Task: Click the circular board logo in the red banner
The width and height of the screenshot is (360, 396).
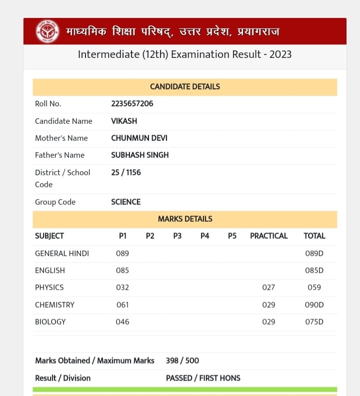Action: pyautogui.click(x=47, y=31)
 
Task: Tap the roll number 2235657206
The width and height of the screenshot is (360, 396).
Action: pyautogui.click(x=132, y=104)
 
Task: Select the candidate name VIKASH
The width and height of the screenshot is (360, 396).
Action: pyautogui.click(x=124, y=121)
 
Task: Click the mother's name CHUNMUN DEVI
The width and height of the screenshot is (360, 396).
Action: pyautogui.click(x=139, y=138)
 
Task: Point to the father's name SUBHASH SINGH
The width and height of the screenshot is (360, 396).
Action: pyautogui.click(x=140, y=155)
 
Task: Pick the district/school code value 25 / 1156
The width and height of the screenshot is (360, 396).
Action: pyautogui.click(x=126, y=172)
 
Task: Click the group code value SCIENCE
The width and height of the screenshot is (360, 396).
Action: pyautogui.click(x=126, y=202)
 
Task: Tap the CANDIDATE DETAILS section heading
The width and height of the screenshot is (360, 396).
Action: pyautogui.click(x=185, y=86)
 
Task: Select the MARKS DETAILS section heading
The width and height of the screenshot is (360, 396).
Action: pyautogui.click(x=185, y=219)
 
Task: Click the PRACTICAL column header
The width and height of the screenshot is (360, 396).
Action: pyautogui.click(x=268, y=236)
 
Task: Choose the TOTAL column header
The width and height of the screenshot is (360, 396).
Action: pyautogui.click(x=314, y=236)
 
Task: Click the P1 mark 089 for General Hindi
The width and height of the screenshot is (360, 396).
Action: pyautogui.click(x=122, y=253)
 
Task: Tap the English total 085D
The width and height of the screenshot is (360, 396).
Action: pyautogui.click(x=314, y=270)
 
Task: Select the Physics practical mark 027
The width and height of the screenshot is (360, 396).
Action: pyautogui.click(x=268, y=287)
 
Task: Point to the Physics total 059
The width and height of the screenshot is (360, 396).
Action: pyautogui.click(x=314, y=287)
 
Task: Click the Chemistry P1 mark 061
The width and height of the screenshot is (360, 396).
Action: pyautogui.click(x=122, y=305)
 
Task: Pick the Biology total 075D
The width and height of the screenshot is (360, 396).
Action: pyautogui.click(x=314, y=322)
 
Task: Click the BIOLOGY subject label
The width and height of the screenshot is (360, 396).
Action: pyautogui.click(x=50, y=322)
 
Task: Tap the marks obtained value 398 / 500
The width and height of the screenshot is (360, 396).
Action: pyautogui.click(x=182, y=361)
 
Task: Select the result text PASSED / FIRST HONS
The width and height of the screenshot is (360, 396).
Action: pyautogui.click(x=203, y=378)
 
